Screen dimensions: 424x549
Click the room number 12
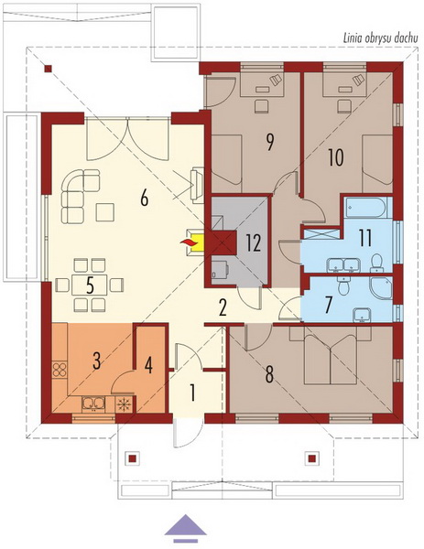[x=253, y=243]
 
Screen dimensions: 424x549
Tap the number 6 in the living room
[x=145, y=199]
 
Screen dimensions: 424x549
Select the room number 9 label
[x=269, y=142]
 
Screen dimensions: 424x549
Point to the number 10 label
[x=336, y=157]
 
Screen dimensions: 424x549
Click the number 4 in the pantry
[x=148, y=366]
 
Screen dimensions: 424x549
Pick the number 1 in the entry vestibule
[x=192, y=393]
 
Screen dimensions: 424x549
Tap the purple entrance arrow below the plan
[x=185, y=525]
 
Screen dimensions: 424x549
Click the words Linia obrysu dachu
[x=381, y=38]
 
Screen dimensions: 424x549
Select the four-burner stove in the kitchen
[x=60, y=370]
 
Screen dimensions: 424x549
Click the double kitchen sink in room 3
[x=93, y=404]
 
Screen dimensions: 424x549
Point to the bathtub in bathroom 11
[x=366, y=208]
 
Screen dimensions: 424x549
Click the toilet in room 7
[x=343, y=285]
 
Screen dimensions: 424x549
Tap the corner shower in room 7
[x=381, y=288]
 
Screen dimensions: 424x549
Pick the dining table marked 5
[x=90, y=285]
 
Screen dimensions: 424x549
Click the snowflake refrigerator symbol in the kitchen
[x=124, y=404]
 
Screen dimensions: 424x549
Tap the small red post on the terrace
[x=48, y=69]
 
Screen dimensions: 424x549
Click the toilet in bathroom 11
[x=376, y=264]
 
